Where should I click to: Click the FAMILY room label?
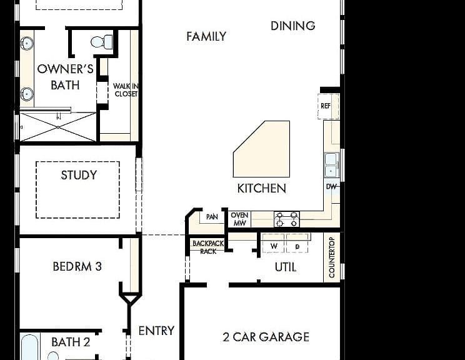coord(206,36)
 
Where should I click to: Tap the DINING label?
coord(292,26)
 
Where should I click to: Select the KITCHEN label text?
coord(261,188)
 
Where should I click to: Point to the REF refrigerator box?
coord(328,106)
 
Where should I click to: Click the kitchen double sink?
coord(331,165)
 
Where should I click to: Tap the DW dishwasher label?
coord(331,186)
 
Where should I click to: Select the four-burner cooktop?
coord(287,219)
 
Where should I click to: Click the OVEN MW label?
coord(239,219)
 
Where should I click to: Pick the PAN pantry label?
coord(212,217)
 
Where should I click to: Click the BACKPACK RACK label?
coord(208,247)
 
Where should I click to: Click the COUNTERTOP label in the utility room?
coord(332,257)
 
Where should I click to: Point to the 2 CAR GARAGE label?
coord(266,337)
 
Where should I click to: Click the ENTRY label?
coord(156,331)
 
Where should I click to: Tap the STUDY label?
coord(79,175)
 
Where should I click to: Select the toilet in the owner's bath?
coord(102,42)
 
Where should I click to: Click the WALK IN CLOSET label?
coord(126,90)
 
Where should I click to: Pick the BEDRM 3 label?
coord(77,266)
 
